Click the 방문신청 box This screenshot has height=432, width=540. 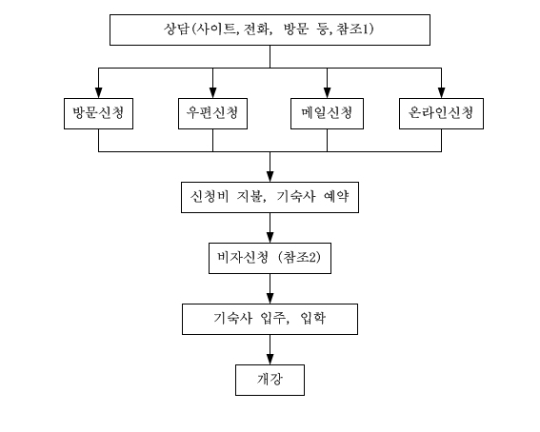pos(98,113)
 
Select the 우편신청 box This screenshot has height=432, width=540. pos(212,113)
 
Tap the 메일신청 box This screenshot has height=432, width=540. pos(327,113)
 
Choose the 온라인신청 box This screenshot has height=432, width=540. pos(441,113)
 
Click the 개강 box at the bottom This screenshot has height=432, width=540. pos(270,380)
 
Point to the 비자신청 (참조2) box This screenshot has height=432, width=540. pos(270,258)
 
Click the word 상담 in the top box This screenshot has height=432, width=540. pos(176,29)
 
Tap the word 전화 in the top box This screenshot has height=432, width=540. pos(256,29)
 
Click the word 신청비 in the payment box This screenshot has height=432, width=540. pos(210,197)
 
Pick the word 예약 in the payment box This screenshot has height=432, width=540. pos(336,197)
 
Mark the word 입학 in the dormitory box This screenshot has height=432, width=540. pos(312,318)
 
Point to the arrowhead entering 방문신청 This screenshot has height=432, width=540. pos(98,93)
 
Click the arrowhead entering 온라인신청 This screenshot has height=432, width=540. pos(441,93)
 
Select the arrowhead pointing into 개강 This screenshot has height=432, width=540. pos(270,360)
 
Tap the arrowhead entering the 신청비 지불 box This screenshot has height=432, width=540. pos(270,177)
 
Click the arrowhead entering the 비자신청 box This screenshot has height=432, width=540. pos(270,238)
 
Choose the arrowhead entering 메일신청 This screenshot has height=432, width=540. pos(327,93)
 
